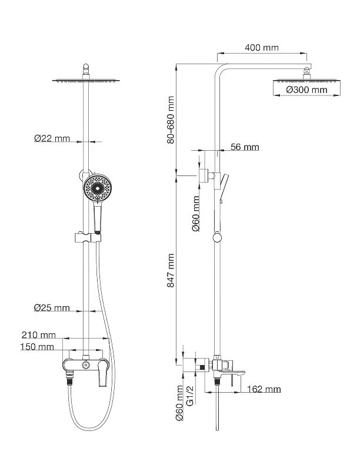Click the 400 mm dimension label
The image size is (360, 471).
pyautogui.click(x=262, y=48)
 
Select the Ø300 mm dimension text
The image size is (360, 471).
pyautogui.click(x=306, y=90)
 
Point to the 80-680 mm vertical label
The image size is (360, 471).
pyautogui.click(x=171, y=120)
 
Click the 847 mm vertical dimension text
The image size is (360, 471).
pyautogui.click(x=171, y=270)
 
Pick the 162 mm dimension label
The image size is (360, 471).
pyautogui.click(x=264, y=389)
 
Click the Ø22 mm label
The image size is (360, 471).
pyautogui.click(x=52, y=139)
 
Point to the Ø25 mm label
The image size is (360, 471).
pyautogui.click(x=52, y=308)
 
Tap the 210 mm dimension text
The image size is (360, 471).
pyautogui.click(x=39, y=336)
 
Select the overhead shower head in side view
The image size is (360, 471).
pyautogui.click(x=306, y=79)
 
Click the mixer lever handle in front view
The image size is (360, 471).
pyautogui.click(x=102, y=374)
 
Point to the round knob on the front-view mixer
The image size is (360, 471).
pyautogui.click(x=86, y=366)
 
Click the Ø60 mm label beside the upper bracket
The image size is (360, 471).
pyautogui.click(x=196, y=215)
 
